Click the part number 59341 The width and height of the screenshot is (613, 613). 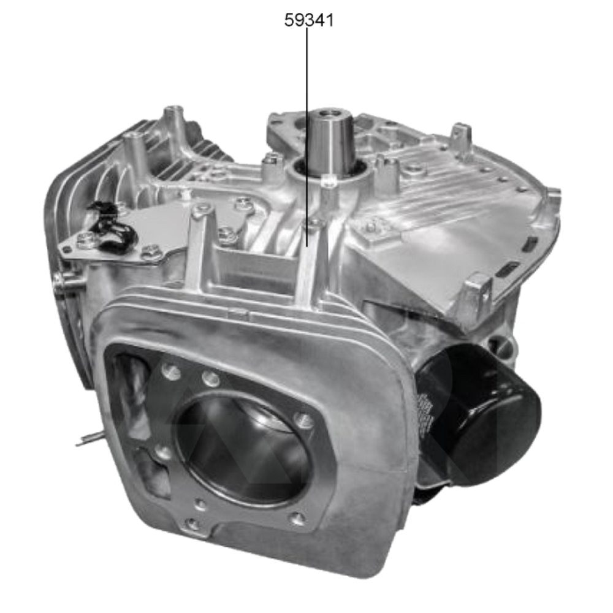coord(309,20)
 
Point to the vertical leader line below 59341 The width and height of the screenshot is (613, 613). coord(306,123)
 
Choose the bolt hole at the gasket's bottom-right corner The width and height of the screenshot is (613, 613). coord(297,519)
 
